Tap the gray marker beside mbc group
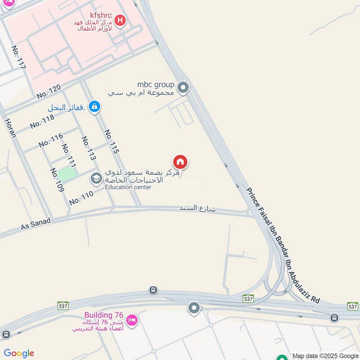[x=183, y=87]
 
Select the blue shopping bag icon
[x=94, y=107]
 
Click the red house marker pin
[x=180, y=162]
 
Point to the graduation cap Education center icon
[x=96, y=179]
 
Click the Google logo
[x=19, y=353]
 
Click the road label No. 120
[x=48, y=92]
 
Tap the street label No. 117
[x=19, y=57]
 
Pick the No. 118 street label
[x=42, y=121]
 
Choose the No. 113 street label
[x=89, y=148]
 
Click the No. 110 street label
[x=81, y=198]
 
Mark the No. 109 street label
[x=58, y=180]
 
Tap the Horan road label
[x=11, y=128]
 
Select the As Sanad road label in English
[x=36, y=223]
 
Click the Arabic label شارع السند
[x=197, y=208]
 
